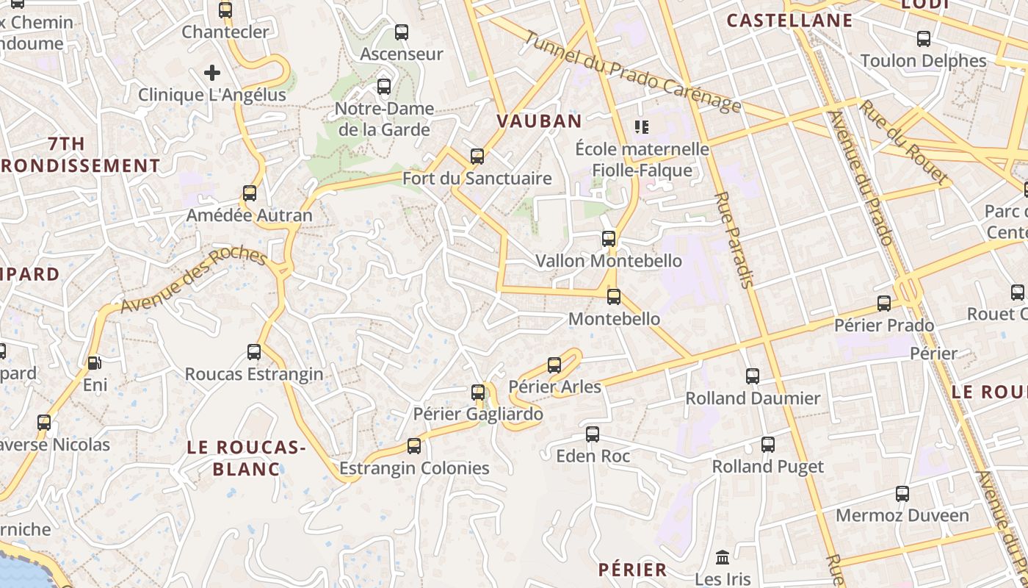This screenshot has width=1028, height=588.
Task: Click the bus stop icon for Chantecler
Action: pyautogui.click(x=225, y=10)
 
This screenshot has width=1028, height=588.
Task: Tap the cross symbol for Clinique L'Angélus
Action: pyautogui.click(x=212, y=73)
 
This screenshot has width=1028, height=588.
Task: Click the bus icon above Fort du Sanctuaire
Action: pyautogui.click(x=477, y=156)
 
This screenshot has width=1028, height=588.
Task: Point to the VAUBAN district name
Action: pyautogui.click(x=539, y=121)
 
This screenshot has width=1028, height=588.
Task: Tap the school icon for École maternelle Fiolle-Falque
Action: pyautogui.click(x=642, y=127)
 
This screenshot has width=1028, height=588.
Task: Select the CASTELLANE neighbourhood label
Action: pyautogui.click(x=789, y=21)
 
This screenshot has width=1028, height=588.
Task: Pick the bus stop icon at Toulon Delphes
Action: pyautogui.click(x=924, y=39)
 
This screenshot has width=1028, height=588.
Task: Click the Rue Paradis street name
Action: pyautogui.click(x=734, y=240)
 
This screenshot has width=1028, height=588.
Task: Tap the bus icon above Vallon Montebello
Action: pyautogui.click(x=609, y=239)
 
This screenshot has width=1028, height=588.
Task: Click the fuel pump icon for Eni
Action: pyautogui.click(x=94, y=363)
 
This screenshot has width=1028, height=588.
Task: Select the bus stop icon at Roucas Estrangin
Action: pyautogui.click(x=254, y=352)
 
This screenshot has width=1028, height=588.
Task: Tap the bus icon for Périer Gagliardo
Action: pyautogui.click(x=478, y=392)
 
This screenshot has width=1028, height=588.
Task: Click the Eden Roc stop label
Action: pyautogui.click(x=593, y=456)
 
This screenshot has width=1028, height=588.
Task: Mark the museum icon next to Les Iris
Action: pyautogui.click(x=722, y=557)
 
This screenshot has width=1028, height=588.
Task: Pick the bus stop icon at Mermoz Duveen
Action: pyautogui.click(x=902, y=494)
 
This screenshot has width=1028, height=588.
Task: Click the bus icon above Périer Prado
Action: pyautogui.click(x=884, y=304)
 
